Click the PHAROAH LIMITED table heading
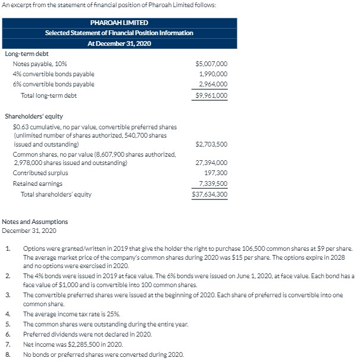[119, 22]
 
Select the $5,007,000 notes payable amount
[211, 64]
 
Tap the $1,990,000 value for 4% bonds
[212, 74]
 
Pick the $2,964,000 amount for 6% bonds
[212, 84]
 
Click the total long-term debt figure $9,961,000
[211, 95]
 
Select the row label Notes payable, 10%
[40, 64]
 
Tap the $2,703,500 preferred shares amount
[211, 144]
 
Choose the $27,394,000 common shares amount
[211, 162]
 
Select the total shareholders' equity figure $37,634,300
[210, 194]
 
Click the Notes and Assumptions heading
[35, 222]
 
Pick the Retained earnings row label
[37, 183]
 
